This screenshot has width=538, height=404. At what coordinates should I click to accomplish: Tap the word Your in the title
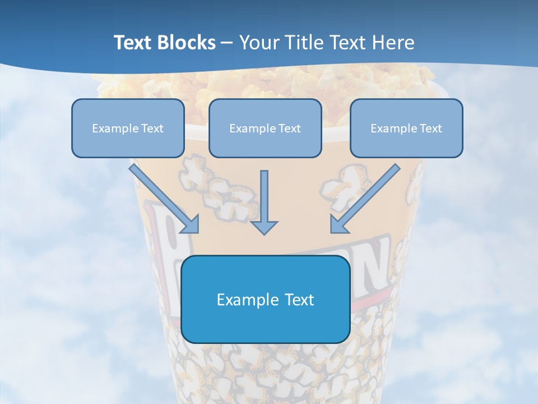tap(259, 43)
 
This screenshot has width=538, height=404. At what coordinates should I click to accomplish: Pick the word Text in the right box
tap(431, 128)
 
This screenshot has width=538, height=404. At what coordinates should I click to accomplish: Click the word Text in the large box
tap(300, 300)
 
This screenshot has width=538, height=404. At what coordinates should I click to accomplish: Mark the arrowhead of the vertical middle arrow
tap(264, 227)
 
